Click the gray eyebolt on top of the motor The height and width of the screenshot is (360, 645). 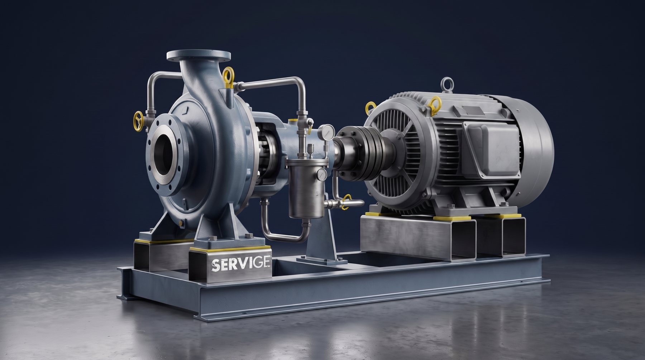(446, 85)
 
